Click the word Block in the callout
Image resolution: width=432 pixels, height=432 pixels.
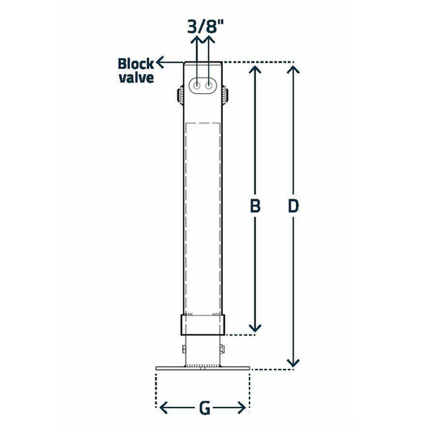135,63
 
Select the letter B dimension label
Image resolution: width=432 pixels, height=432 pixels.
255,207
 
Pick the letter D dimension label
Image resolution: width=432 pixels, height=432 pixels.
295,207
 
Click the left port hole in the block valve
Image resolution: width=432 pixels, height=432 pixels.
197,85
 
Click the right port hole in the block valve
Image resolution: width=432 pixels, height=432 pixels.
210,85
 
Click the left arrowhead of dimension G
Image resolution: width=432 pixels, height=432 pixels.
162,408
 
